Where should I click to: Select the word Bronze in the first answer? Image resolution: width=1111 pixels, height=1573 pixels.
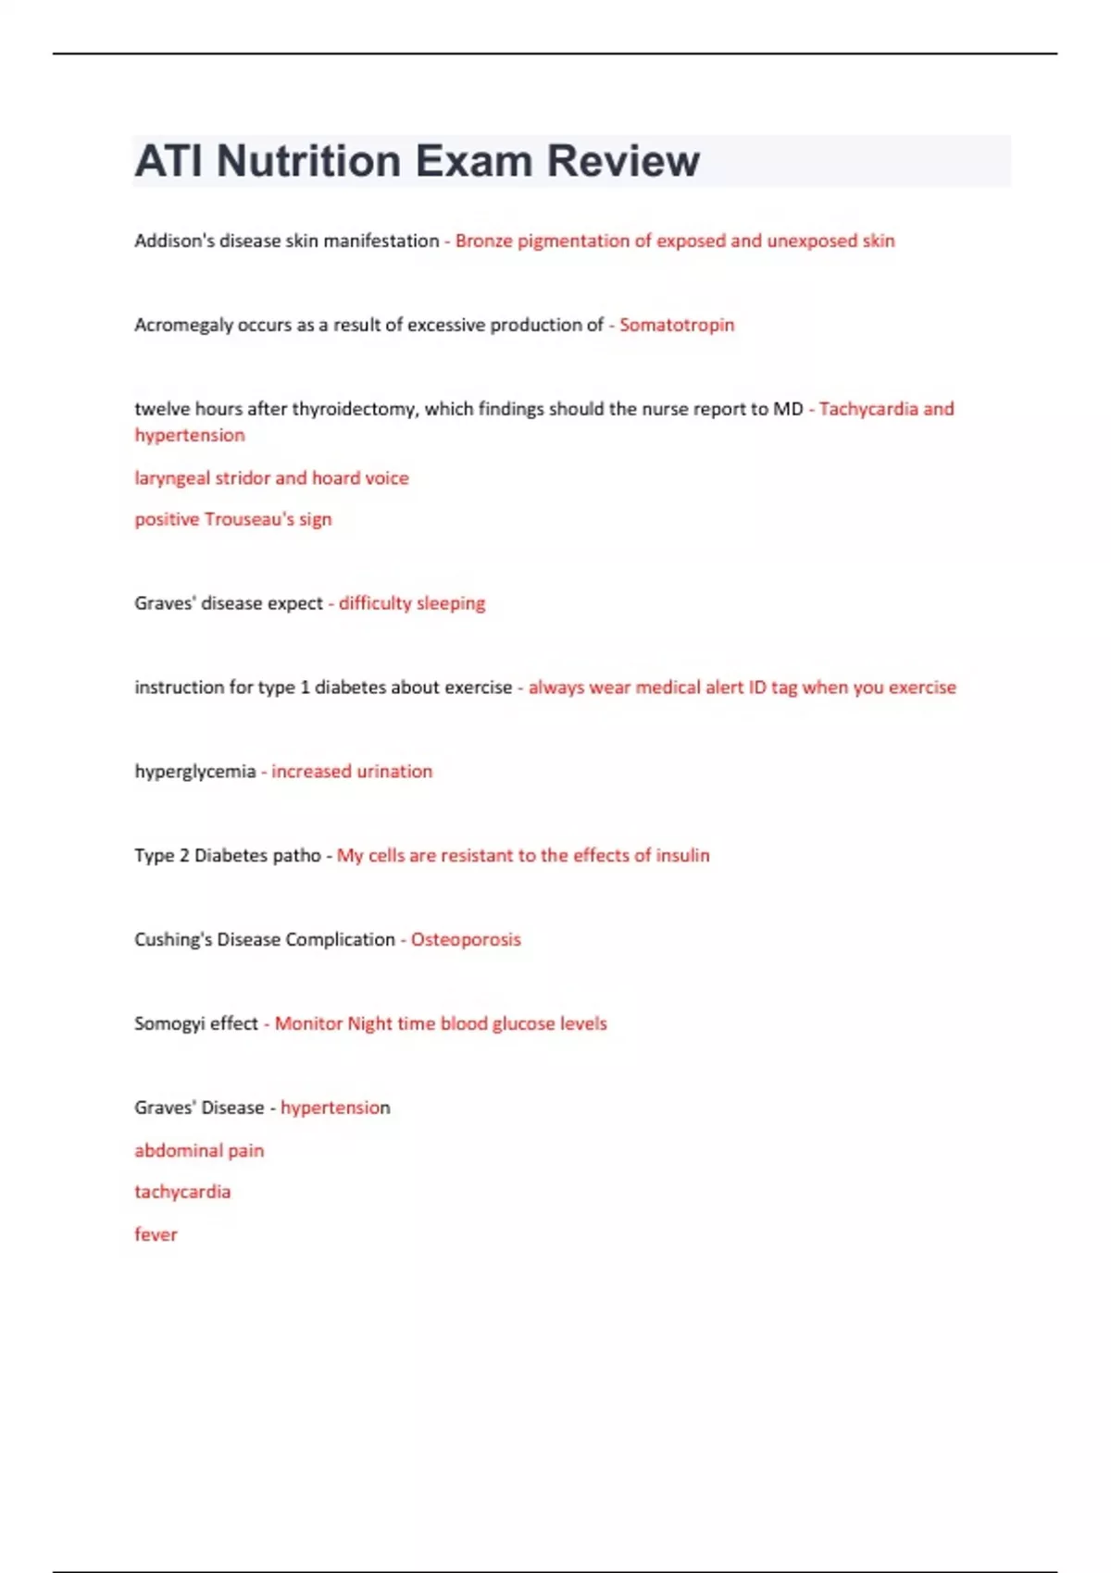point(482,241)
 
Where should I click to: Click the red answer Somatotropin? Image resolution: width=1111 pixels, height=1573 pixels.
point(676,325)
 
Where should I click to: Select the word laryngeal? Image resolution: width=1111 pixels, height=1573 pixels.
point(171,478)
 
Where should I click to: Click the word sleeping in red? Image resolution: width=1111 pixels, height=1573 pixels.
point(450,603)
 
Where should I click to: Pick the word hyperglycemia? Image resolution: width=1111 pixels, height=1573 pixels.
point(194,772)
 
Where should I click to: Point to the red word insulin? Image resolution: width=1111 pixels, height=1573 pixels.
point(682,856)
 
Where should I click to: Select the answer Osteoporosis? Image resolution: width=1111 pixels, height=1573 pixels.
point(466,940)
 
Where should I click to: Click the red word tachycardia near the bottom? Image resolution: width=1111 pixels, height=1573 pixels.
point(182,1192)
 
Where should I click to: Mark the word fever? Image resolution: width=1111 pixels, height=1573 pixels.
point(156,1234)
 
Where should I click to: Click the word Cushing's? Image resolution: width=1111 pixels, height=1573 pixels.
point(173,940)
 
